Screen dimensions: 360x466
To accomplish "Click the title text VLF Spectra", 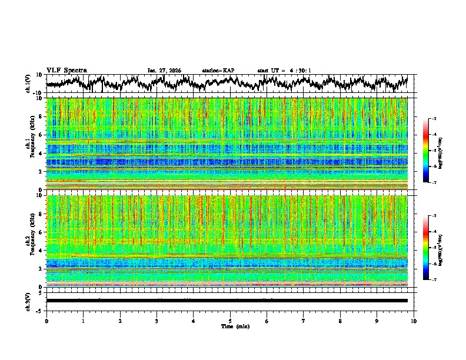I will pos(66,70).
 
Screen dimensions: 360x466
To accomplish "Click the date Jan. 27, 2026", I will pos(164,71).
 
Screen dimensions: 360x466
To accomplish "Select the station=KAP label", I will pos(218,71).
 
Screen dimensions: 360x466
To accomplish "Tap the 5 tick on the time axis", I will pos(230,321).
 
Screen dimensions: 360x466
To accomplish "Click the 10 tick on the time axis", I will pos(414,321).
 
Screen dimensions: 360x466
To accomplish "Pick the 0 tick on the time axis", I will pos(46,321).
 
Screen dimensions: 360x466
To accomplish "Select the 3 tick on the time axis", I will pos(157,321).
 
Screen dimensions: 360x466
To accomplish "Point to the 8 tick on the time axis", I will pos(340,321).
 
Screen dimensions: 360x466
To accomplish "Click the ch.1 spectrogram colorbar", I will pos(432,151).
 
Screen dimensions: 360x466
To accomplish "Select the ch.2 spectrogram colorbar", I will pos(432,248).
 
